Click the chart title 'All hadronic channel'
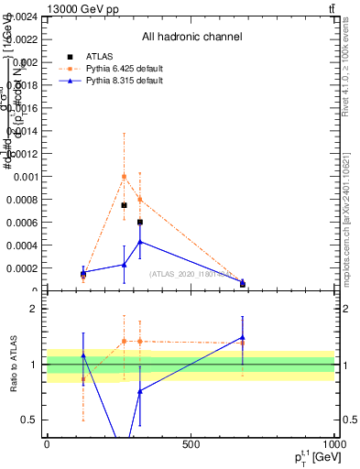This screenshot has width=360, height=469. click(x=191, y=37)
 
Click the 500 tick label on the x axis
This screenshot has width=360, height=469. click(x=191, y=444)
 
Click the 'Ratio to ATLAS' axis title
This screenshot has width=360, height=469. click(x=16, y=365)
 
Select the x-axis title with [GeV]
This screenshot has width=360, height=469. click(x=311, y=457)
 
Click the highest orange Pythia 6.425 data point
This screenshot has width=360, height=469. click(x=124, y=176)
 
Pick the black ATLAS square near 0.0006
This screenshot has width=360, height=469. click(x=139, y=222)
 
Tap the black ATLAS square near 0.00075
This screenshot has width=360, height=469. click(x=124, y=205)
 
